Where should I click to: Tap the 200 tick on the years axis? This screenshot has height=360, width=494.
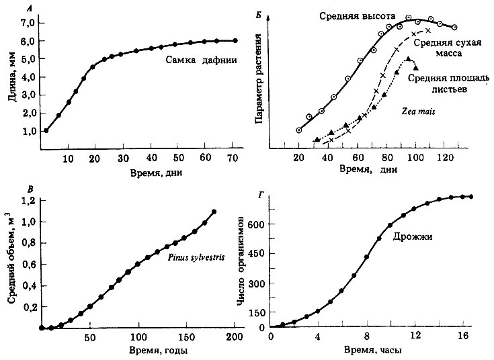[234, 336]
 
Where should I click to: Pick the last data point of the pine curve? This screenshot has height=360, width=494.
[214, 212]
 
